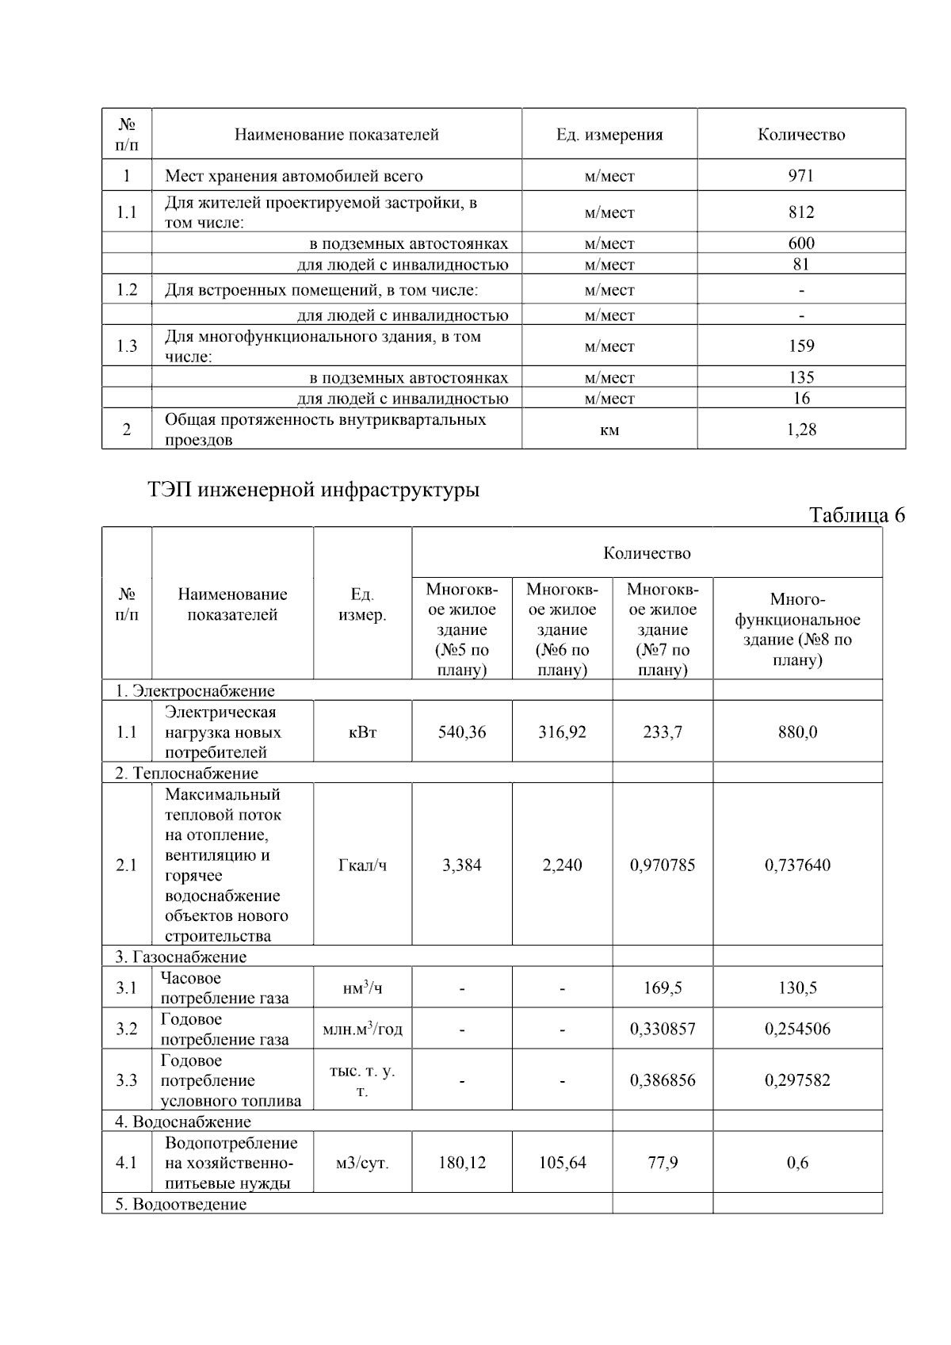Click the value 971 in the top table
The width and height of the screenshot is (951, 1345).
coord(800,175)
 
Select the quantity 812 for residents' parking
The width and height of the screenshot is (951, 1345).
coord(800,212)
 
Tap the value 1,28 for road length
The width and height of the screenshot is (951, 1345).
coord(800,430)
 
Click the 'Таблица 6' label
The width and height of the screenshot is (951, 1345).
coord(856,515)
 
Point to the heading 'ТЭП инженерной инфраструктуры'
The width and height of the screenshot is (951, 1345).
coord(314,490)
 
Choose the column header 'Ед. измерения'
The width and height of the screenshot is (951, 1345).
coord(609,135)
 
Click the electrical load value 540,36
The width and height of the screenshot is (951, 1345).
coord(462,732)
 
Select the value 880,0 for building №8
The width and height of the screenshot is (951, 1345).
coord(797,732)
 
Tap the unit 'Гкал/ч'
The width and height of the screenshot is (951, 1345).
coord(362,865)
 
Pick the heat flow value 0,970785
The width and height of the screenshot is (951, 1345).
coord(663,865)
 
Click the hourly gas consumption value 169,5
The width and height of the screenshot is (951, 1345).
coord(663,988)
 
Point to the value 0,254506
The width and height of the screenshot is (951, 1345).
coord(797,1029)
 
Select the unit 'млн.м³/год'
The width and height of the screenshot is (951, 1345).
coord(362,1029)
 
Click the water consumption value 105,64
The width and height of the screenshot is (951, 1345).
coord(562,1163)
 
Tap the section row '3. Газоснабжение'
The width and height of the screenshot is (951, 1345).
coord(181,957)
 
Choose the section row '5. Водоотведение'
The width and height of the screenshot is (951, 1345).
coord(181,1204)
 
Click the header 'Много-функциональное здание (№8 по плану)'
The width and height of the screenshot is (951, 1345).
coord(797,629)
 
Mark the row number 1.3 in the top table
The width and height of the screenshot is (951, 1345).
coord(127,346)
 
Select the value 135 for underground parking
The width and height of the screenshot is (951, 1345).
coord(800,377)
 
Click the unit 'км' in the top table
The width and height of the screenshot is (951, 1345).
coord(609,430)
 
